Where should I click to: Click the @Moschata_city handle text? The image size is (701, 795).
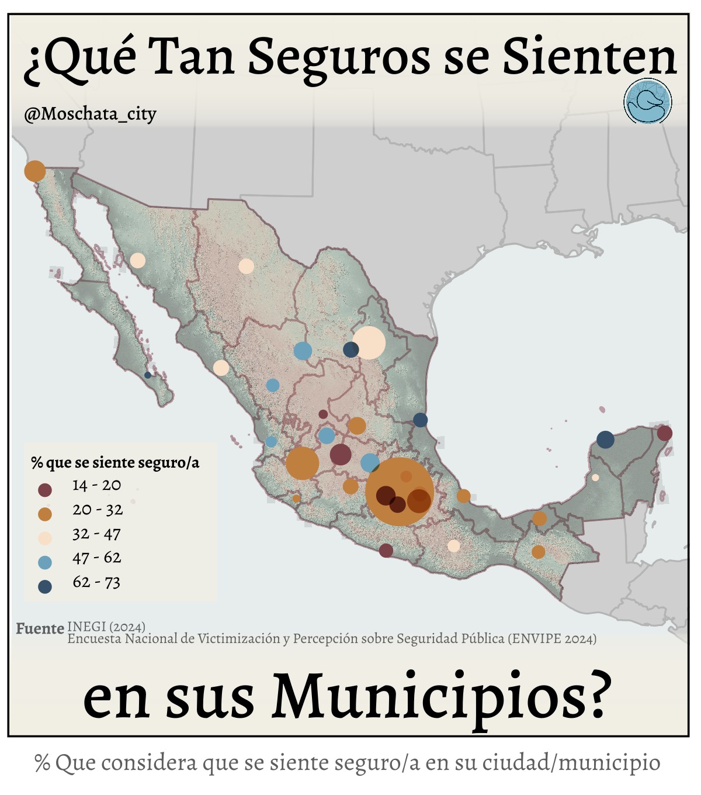click(90, 113)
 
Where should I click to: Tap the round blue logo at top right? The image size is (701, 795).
click(647, 101)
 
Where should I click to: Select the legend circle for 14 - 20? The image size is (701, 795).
click(44, 490)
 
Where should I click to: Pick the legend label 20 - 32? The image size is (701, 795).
click(98, 510)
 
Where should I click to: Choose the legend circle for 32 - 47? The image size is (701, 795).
click(44, 538)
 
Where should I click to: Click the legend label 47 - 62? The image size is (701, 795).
click(97, 558)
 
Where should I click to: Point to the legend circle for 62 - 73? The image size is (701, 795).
click(44, 587)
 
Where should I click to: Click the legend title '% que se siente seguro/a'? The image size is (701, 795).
click(115, 462)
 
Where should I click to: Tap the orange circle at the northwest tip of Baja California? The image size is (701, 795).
click(34, 171)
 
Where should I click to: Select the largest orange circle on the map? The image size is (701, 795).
click(400, 492)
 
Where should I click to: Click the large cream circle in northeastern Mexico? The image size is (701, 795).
click(369, 343)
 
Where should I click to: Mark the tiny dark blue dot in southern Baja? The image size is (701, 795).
click(148, 375)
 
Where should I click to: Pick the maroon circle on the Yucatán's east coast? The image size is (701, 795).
click(664, 433)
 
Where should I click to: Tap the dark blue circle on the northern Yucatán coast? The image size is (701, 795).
click(605, 439)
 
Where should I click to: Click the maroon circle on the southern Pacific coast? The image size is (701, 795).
click(386, 550)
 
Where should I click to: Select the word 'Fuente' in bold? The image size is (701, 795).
click(40, 629)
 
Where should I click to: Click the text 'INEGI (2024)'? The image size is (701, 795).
click(106, 627)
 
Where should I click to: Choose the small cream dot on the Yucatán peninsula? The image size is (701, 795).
click(595, 477)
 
